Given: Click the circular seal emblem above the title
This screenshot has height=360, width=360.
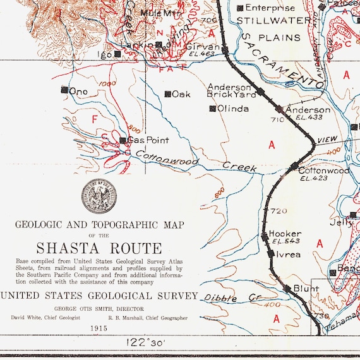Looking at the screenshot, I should [x=98, y=196].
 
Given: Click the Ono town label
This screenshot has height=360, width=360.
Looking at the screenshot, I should [x=78, y=92].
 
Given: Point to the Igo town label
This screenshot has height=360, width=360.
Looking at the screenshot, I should [x=105, y=55].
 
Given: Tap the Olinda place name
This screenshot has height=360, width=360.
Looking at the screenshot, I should [x=233, y=109].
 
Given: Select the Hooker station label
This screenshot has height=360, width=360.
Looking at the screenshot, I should [x=285, y=233].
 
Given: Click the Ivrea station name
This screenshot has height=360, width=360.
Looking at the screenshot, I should [x=288, y=255].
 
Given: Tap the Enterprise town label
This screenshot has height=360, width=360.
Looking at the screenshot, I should [x=270, y=8].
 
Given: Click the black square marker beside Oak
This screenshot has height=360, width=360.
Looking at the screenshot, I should [x=167, y=94].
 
